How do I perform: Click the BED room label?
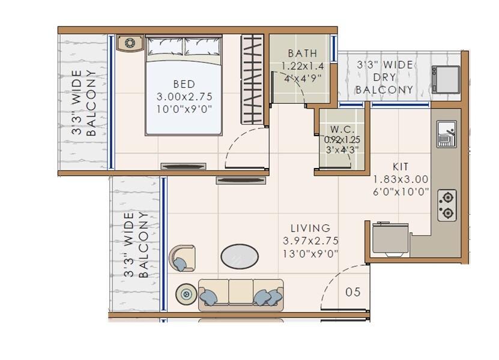point(184,83)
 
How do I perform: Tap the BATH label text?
point(302,53)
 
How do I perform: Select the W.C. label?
point(342,130)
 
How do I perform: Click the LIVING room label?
point(310,228)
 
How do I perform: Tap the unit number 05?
point(353,292)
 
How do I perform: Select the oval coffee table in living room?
point(240,256)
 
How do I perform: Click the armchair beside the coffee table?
point(183,258)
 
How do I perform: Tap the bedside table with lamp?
point(130,43)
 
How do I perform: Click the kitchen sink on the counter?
point(446,134)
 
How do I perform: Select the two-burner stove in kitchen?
point(447,205)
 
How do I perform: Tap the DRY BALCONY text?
point(384,77)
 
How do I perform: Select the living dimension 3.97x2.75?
point(310,241)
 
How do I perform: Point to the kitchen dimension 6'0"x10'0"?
point(401,192)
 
